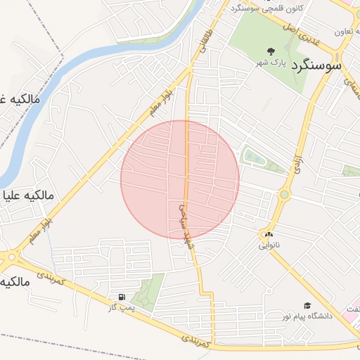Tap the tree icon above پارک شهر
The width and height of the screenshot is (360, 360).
(x=271, y=51)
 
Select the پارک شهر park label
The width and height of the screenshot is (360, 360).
(x=270, y=63)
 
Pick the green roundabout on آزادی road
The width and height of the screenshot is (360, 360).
(x=284, y=194)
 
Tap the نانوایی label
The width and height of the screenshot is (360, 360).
(x=268, y=245)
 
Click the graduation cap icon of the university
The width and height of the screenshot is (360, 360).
(x=307, y=305)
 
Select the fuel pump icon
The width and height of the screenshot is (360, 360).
(x=123, y=297)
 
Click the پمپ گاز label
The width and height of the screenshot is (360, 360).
(x=120, y=308)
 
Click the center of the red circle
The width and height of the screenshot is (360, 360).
(x=180, y=179)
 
